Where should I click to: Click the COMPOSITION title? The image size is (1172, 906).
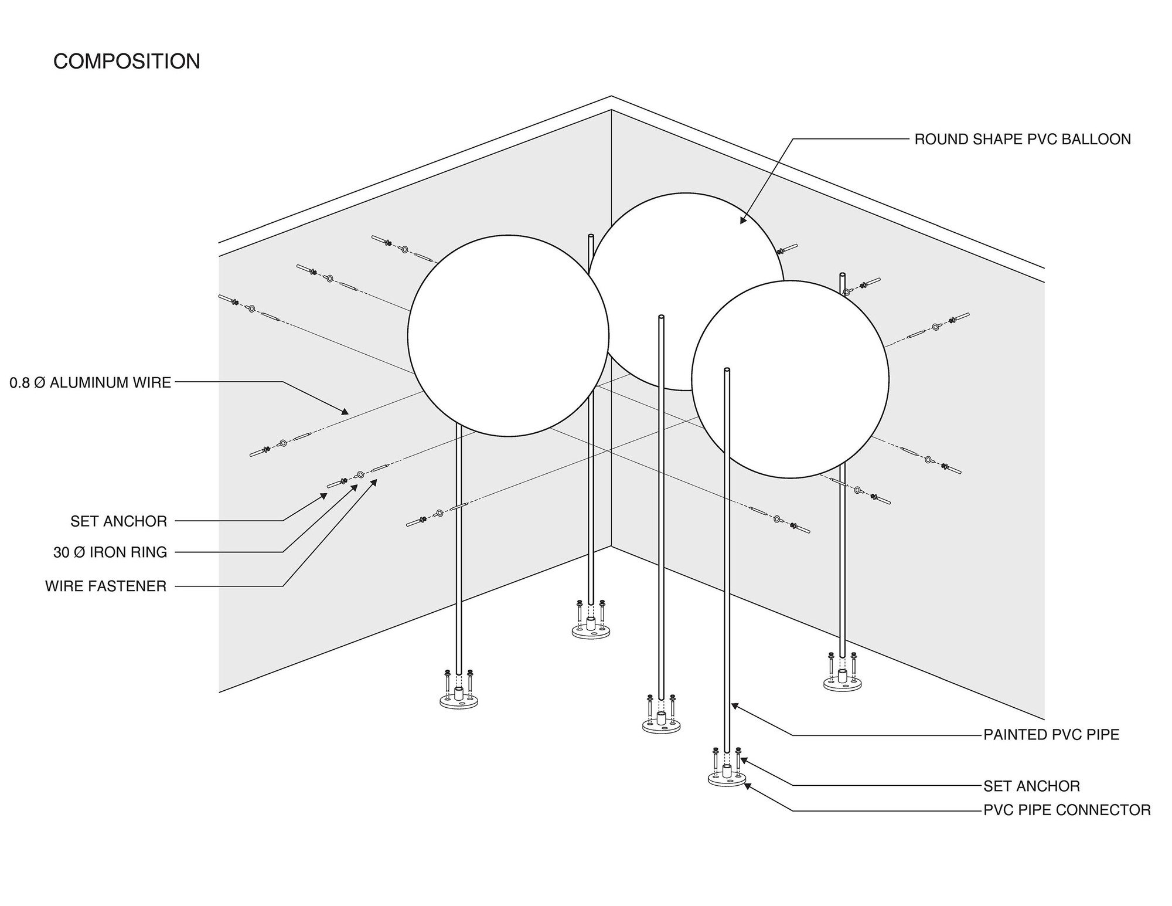pos(127,62)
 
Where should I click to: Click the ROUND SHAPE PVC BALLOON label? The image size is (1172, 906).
pos(1022,140)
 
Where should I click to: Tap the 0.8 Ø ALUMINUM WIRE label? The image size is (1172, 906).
pos(90,383)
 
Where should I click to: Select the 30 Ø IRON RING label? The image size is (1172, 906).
pos(110,552)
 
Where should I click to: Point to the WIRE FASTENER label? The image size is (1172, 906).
pos(106,586)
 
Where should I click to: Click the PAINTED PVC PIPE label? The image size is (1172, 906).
pos(1051,735)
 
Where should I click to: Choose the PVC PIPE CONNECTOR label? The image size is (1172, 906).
pos(1067,810)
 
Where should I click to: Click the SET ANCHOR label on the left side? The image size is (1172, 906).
pos(118,521)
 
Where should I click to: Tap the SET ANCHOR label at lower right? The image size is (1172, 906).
pos(1031,786)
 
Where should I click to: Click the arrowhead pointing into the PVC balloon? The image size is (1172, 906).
pos(742,221)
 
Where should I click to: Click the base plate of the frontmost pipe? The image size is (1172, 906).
pos(727,780)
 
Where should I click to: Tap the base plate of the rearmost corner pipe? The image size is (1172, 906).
pos(591,632)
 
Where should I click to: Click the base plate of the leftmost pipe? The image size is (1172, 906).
pos(459,701)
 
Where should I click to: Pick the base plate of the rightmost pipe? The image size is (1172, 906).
pos(842,684)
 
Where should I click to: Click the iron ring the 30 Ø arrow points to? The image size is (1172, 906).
pos(360,474)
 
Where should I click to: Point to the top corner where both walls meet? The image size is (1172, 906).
pos(611,110)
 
